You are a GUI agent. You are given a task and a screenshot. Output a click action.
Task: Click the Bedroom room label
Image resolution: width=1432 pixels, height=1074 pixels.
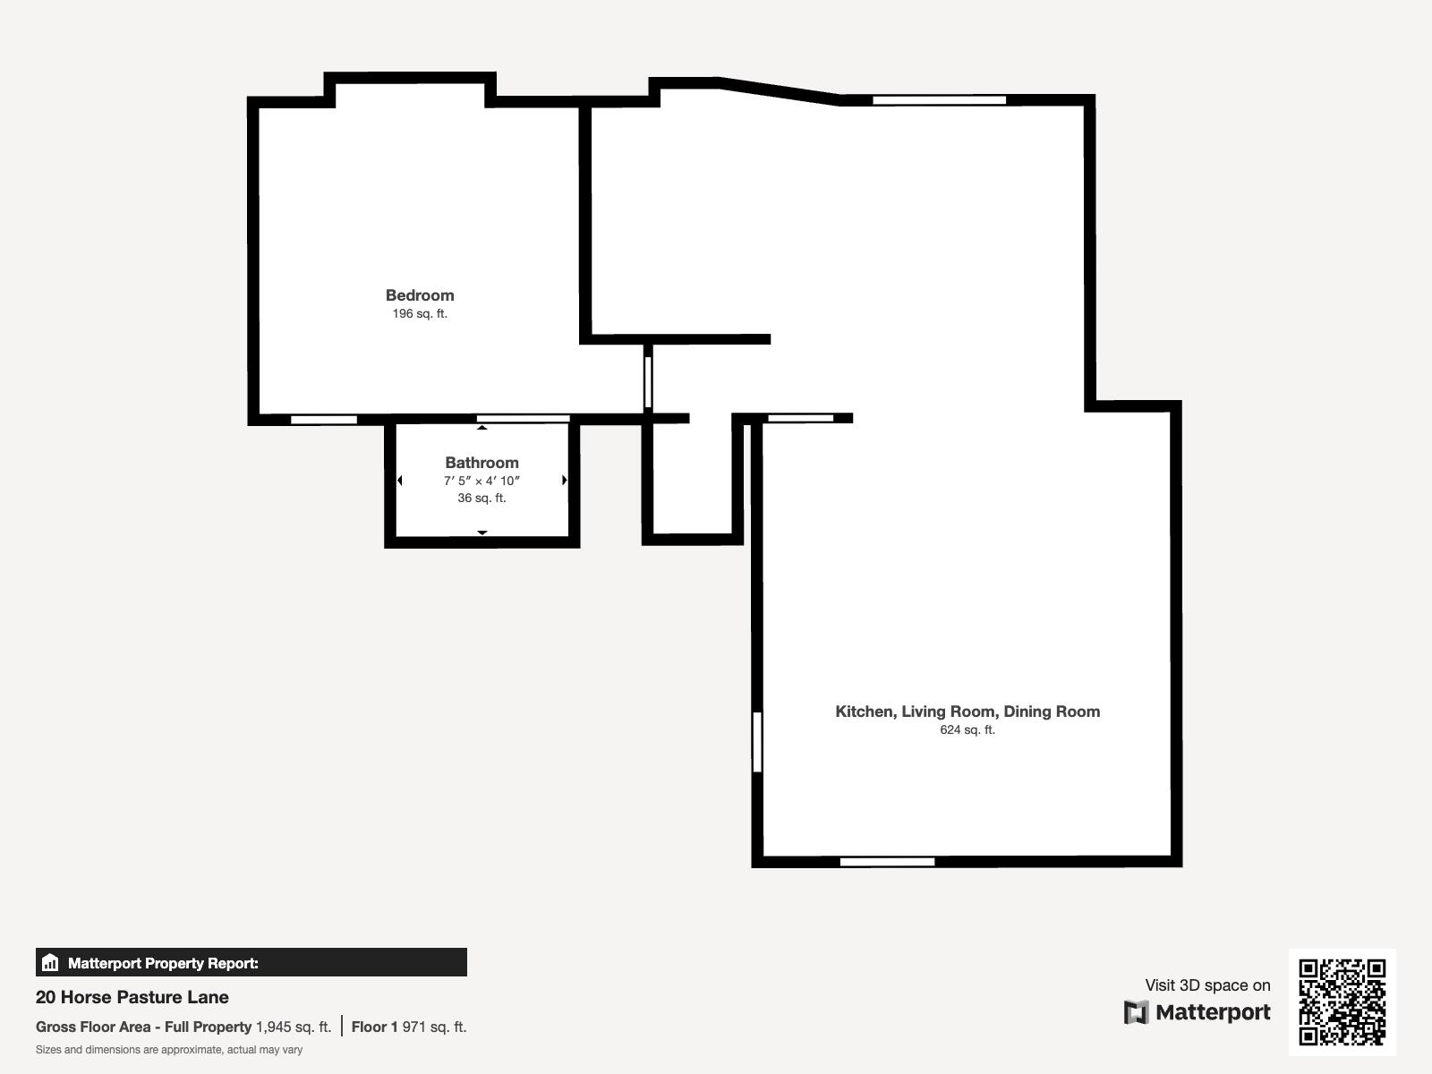click(x=420, y=295)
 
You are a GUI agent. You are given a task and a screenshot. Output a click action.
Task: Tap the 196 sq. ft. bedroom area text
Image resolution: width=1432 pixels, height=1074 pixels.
click(x=420, y=314)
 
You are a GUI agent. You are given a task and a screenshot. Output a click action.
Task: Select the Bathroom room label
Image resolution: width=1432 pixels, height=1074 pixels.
click(x=482, y=463)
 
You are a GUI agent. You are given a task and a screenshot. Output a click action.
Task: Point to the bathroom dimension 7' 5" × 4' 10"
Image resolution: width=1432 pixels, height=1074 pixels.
click(x=482, y=481)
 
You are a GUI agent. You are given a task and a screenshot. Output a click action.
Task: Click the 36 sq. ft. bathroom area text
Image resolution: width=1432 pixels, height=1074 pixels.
click(x=482, y=498)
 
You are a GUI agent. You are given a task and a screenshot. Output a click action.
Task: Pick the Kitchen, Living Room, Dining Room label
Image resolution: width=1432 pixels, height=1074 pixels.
click(x=967, y=712)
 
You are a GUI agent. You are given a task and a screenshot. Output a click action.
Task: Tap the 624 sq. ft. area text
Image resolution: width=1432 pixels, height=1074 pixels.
click(x=967, y=730)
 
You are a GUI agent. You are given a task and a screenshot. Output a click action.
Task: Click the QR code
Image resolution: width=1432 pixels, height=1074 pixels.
click(x=1342, y=1002)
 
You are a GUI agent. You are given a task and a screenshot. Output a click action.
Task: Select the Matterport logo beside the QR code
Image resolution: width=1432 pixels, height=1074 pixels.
click(x=1198, y=1012)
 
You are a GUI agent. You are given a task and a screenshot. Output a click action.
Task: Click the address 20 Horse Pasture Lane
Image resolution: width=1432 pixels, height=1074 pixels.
click(x=132, y=997)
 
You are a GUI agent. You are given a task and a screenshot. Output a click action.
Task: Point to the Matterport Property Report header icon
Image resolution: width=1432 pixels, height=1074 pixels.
click(x=50, y=963)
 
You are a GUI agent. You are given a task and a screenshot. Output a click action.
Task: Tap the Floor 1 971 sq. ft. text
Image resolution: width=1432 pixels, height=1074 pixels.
click(x=409, y=1027)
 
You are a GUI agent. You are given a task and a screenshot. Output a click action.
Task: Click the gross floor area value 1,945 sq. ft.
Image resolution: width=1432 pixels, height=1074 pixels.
click(x=294, y=1027)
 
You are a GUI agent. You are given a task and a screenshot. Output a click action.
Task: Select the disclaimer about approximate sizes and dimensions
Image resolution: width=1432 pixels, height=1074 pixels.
click(x=169, y=1050)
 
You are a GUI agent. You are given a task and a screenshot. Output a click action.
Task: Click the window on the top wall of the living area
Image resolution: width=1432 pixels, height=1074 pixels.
click(x=939, y=100)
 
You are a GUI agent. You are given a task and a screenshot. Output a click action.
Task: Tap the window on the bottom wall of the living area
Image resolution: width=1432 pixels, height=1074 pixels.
click(x=887, y=862)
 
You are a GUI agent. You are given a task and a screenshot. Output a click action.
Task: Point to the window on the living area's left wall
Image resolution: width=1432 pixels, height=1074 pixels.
click(x=757, y=741)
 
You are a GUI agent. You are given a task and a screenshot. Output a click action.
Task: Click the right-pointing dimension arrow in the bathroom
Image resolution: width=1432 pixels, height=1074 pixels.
click(x=564, y=481)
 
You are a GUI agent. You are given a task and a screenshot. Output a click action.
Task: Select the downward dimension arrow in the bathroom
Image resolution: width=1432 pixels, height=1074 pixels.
click(x=482, y=533)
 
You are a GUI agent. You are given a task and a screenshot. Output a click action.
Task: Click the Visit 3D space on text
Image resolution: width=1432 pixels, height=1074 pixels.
click(x=1207, y=985)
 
